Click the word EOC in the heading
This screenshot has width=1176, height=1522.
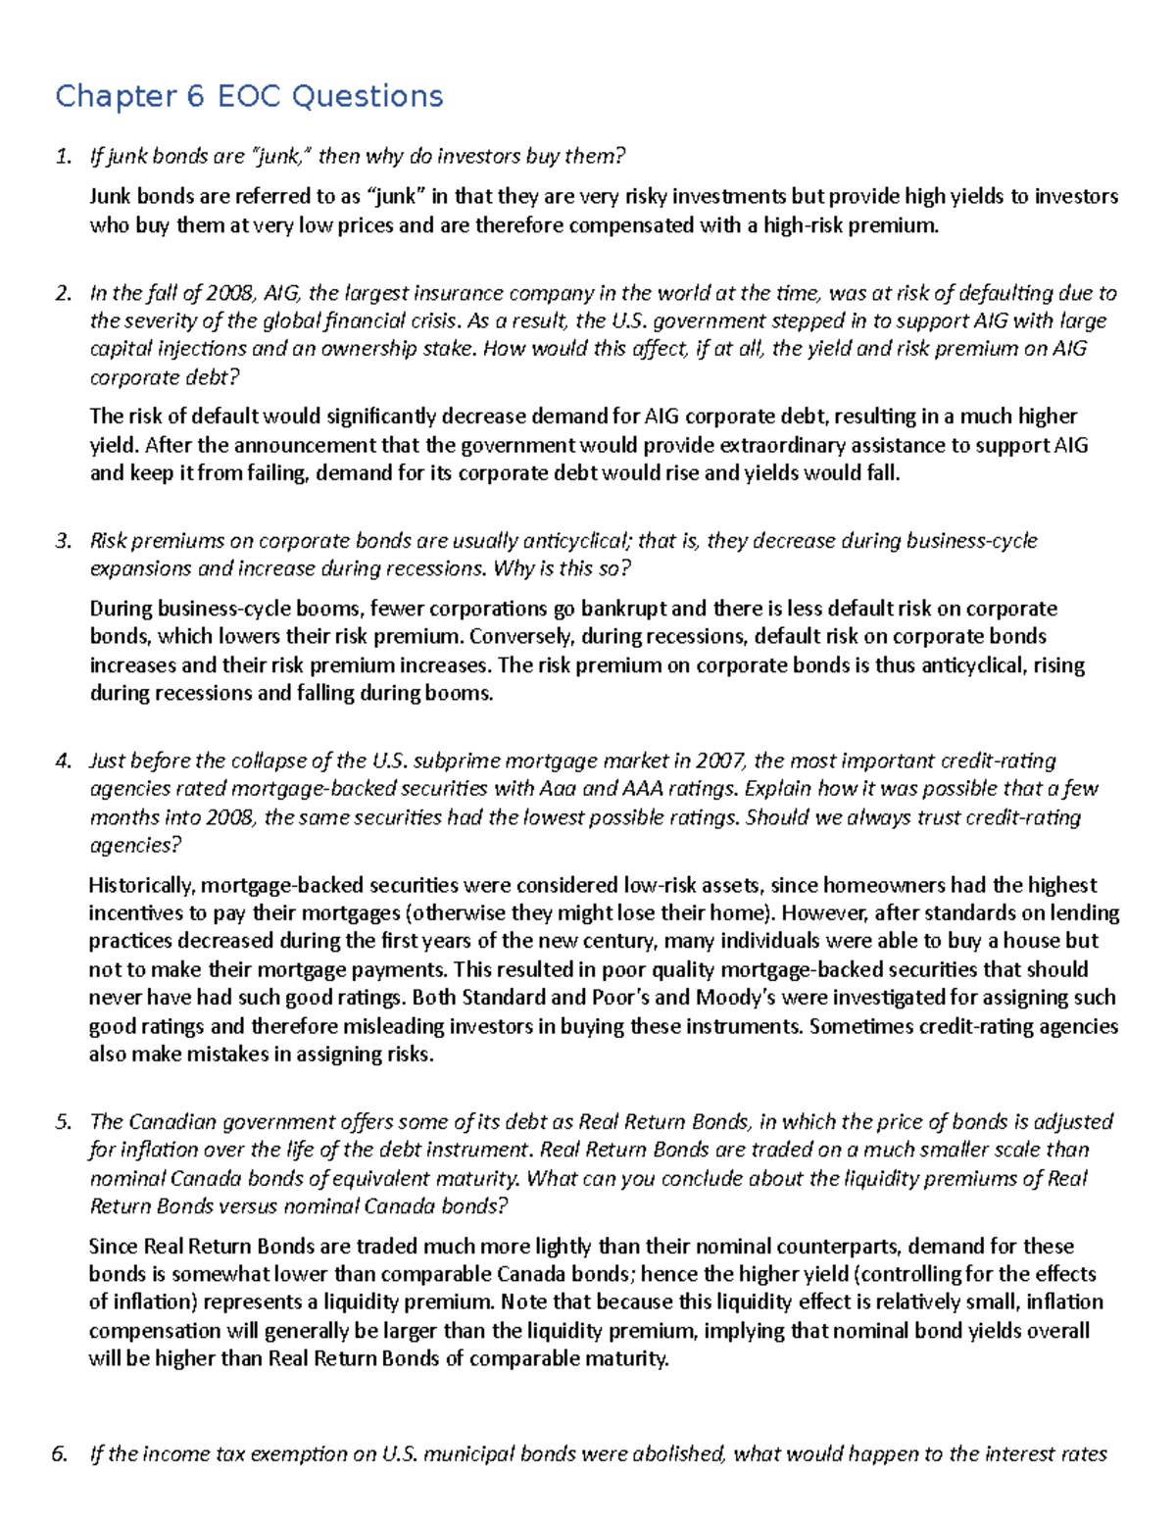click(250, 96)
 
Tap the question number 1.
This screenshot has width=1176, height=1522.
click(64, 156)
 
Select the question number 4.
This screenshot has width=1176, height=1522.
click(64, 761)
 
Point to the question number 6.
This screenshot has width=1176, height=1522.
click(60, 1453)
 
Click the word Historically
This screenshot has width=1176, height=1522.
click(143, 885)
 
